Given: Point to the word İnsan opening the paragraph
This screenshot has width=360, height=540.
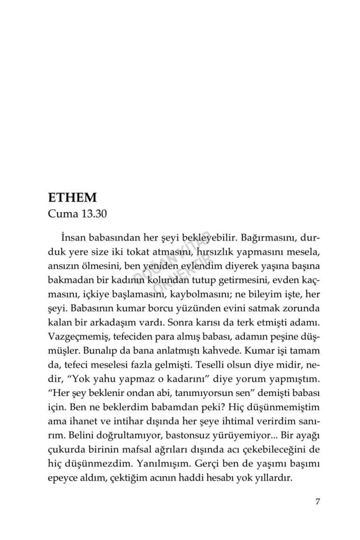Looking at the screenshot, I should pyautogui.click(x=72, y=236).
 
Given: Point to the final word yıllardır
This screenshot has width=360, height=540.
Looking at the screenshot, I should pyautogui.click(x=270, y=477).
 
